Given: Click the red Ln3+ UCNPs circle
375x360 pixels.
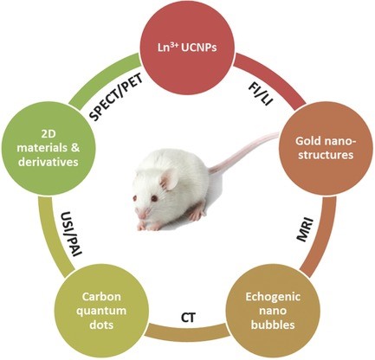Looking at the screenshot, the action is pos(187,48).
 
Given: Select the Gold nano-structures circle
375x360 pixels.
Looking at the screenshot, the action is pos(325,148).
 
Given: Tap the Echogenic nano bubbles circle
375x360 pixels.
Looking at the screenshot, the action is pos(273,311).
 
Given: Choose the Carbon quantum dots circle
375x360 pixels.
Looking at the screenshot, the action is pos(104,311).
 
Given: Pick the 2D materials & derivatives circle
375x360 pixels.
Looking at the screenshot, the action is pos(48,148).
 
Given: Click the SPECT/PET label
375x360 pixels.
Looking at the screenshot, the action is pos(116,99).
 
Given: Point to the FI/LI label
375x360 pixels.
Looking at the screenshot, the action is pos(261,94).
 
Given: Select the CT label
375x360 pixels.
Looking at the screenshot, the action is pos(188,318).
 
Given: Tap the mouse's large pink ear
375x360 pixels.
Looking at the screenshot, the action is pos(169,180).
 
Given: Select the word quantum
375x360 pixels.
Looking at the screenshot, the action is pos(104,312).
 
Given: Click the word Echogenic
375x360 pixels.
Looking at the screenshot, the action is pos(273,297).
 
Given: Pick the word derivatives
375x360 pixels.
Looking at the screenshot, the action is pos(48,162).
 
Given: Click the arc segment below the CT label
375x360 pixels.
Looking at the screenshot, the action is pos(188,331).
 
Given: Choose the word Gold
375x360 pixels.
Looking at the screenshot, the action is pos(307,141).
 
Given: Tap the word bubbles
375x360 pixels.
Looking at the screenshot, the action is pos(273,325).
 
